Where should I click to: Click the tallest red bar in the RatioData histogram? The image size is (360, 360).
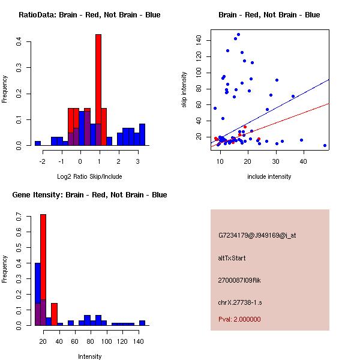coord(98,90)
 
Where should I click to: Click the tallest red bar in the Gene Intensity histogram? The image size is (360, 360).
coord(43,270)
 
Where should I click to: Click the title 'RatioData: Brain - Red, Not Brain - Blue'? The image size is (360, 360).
coord(89,15)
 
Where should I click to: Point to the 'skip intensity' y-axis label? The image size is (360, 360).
coord(184,90)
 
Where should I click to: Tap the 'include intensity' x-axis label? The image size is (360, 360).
coord(270,176)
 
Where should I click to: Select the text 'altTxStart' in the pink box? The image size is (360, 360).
coord(232,258)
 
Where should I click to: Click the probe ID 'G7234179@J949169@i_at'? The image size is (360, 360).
coord(257,235)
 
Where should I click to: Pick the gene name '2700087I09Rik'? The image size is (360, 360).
coord(239,280)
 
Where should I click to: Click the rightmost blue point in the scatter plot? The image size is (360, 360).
coord(325,145)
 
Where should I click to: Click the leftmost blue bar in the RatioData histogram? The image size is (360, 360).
coord(38,143)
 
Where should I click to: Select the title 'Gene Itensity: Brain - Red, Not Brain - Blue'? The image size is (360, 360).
coord(89,195)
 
